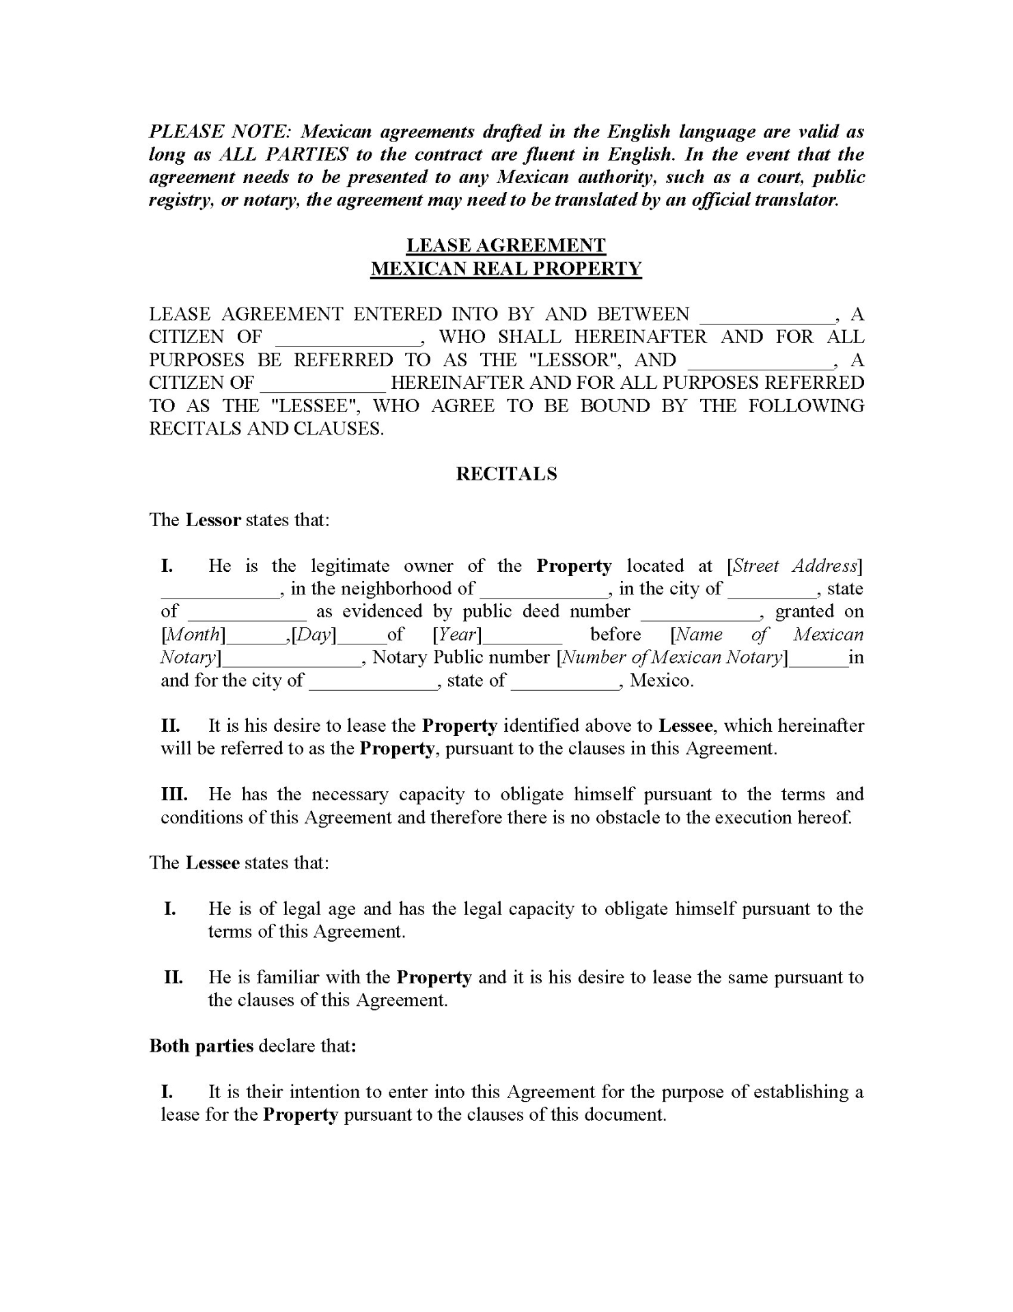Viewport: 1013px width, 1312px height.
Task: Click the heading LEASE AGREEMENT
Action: click(x=506, y=245)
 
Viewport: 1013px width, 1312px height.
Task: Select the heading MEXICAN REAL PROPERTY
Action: click(x=506, y=269)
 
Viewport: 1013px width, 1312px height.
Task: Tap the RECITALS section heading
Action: click(x=506, y=474)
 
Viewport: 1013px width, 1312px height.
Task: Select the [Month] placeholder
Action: click(x=193, y=635)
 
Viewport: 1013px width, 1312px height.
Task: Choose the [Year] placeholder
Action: click(x=458, y=635)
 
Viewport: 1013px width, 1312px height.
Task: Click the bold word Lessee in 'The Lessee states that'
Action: click(x=212, y=863)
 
